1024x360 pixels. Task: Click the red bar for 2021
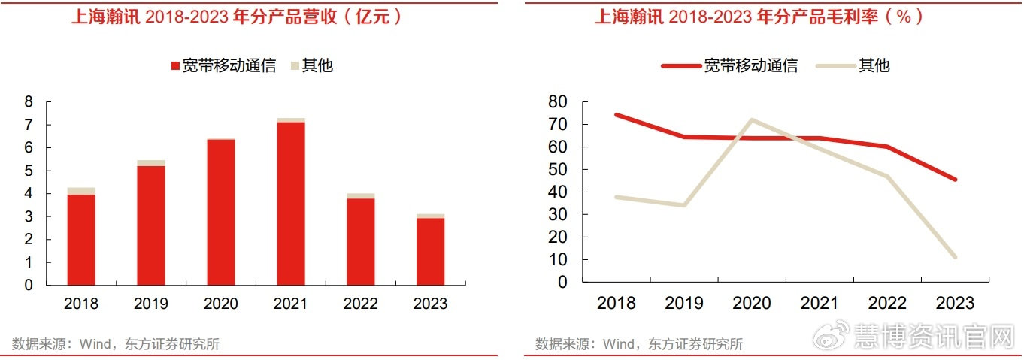click(x=290, y=203)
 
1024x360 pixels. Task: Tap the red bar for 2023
click(x=430, y=251)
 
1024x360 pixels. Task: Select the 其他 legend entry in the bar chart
click(x=311, y=65)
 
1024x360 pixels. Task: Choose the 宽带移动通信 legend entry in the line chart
click(x=729, y=65)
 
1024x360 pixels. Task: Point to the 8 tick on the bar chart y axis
click(x=29, y=101)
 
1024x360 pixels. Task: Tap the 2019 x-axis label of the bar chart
click(x=151, y=304)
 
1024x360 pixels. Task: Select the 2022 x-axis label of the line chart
click(x=887, y=303)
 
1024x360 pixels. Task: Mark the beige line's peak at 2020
click(x=752, y=120)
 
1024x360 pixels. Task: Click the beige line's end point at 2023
click(x=955, y=257)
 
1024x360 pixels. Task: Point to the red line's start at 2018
click(x=616, y=115)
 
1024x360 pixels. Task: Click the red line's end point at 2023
click(x=955, y=180)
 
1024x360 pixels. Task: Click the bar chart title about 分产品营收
click(x=237, y=17)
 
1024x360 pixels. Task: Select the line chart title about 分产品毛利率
click(x=759, y=17)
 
